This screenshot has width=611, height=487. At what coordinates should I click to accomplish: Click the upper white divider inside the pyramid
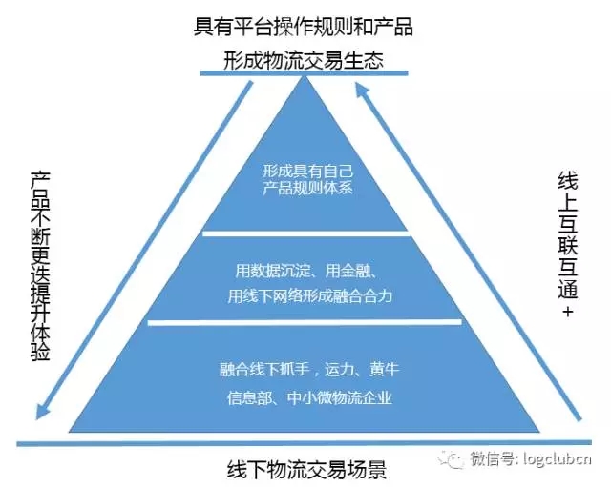[x=305, y=232]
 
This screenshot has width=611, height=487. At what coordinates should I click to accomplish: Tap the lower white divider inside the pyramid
[x=305, y=323]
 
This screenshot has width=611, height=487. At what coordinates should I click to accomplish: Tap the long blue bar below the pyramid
[x=305, y=443]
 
